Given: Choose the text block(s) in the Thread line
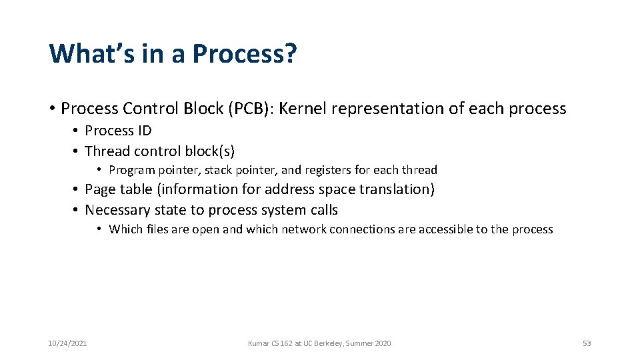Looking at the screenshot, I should point(207,151).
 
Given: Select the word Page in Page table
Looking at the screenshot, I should point(100,189).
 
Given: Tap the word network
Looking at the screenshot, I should point(302,229).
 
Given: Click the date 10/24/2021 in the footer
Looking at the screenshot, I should point(67,343).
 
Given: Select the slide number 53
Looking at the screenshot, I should point(587,343).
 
